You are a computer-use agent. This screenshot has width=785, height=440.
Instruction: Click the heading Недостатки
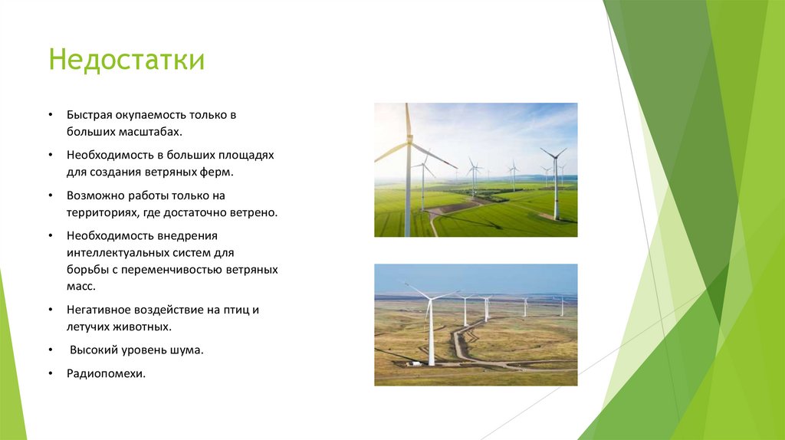(126, 60)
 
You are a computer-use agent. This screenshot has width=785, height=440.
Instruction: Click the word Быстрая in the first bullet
(89, 115)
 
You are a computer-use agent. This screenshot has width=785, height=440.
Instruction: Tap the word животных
(143, 327)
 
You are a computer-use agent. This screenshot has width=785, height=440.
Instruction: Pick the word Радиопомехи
(106, 374)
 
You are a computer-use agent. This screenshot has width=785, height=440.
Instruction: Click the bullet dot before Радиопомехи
(49, 374)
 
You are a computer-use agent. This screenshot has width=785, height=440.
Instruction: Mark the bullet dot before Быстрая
(49, 115)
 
